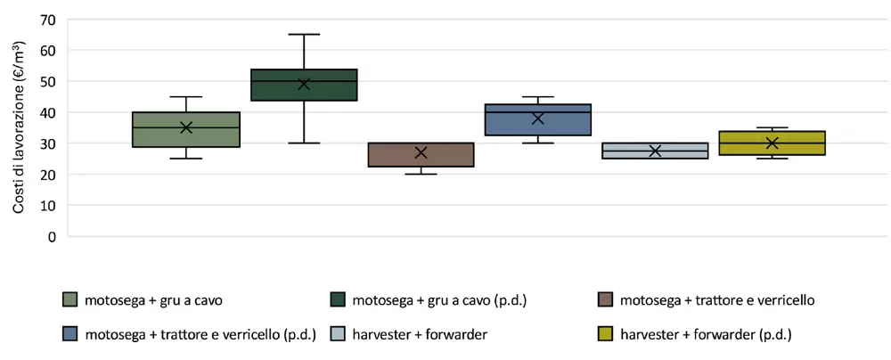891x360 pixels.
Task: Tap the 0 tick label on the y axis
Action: (x=53, y=237)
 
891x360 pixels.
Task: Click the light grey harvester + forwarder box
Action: (x=655, y=151)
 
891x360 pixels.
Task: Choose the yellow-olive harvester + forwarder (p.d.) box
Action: (x=772, y=143)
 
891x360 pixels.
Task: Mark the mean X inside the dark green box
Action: (x=304, y=84)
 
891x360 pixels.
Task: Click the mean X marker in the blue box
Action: (x=537, y=118)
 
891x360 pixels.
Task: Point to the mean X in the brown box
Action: (x=421, y=152)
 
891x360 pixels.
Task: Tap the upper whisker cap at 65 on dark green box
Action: (x=304, y=34)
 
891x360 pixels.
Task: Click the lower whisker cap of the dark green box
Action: (x=304, y=143)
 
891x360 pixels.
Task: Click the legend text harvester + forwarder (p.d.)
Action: (x=706, y=335)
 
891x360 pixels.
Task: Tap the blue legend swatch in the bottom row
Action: (x=70, y=335)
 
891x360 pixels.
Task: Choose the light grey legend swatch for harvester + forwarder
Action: (x=338, y=335)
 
